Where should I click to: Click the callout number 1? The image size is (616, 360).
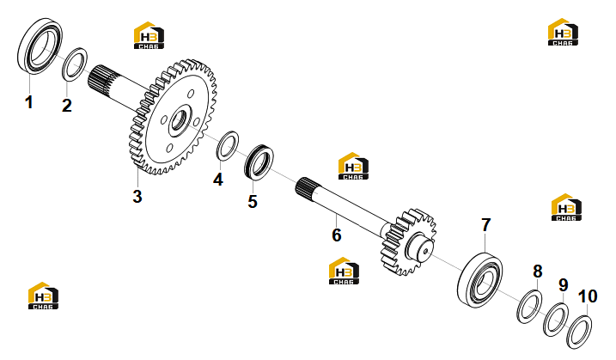coord(28,102)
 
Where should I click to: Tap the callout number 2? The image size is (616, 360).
coord(67,106)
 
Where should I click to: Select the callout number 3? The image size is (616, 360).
coord(137,196)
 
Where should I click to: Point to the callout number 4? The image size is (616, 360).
coord(218,180)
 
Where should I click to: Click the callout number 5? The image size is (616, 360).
coord(253,201)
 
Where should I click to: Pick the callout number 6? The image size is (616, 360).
coord(337,235)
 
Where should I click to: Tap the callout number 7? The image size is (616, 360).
coord(486,225)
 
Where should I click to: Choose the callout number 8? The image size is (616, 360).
coord(538,272)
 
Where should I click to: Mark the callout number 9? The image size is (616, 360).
coord(564,285)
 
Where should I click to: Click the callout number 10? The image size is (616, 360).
coord(588,296)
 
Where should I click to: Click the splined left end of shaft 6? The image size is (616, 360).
coord(308,187)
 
